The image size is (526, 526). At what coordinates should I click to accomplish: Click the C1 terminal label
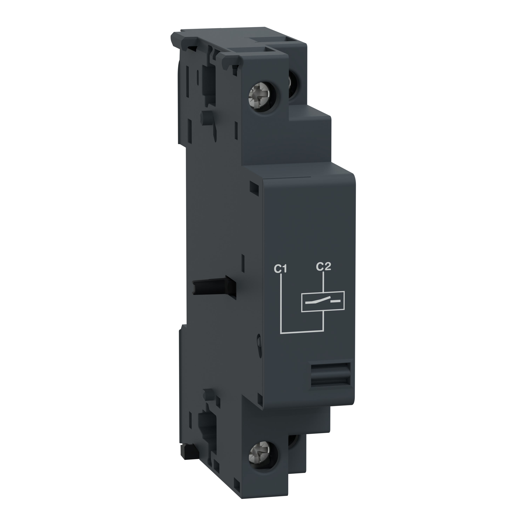(280, 269)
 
